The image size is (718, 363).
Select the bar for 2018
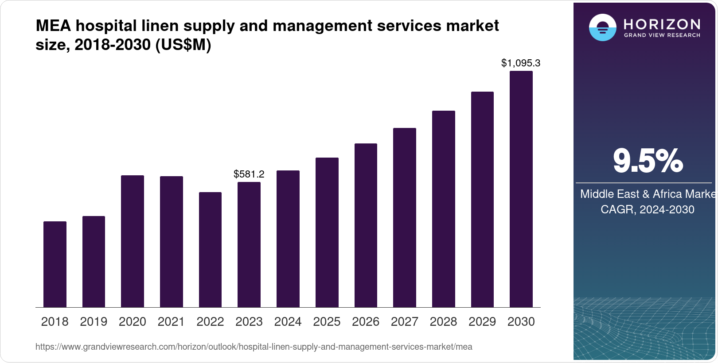(x=55, y=264)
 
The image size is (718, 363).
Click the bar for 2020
(x=133, y=241)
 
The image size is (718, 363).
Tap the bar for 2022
(x=210, y=250)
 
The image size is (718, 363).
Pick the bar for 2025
(x=327, y=232)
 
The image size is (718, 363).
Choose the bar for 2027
(x=405, y=217)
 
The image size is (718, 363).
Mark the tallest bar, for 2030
(x=521, y=189)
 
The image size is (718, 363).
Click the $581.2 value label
(x=249, y=174)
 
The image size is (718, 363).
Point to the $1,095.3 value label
(x=521, y=63)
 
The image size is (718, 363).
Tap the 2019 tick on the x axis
(x=94, y=322)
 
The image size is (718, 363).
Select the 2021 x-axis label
(x=171, y=322)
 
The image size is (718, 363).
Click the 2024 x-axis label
(x=288, y=322)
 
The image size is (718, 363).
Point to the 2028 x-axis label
(x=444, y=322)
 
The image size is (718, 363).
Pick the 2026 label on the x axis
(x=366, y=322)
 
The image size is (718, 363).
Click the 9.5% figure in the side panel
(x=648, y=161)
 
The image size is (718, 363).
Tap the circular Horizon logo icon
(x=603, y=28)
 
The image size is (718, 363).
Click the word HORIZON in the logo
(x=662, y=24)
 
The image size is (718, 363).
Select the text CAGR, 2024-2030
(x=648, y=209)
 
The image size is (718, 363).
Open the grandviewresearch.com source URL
(x=254, y=347)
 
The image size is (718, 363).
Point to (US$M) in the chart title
(x=183, y=45)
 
